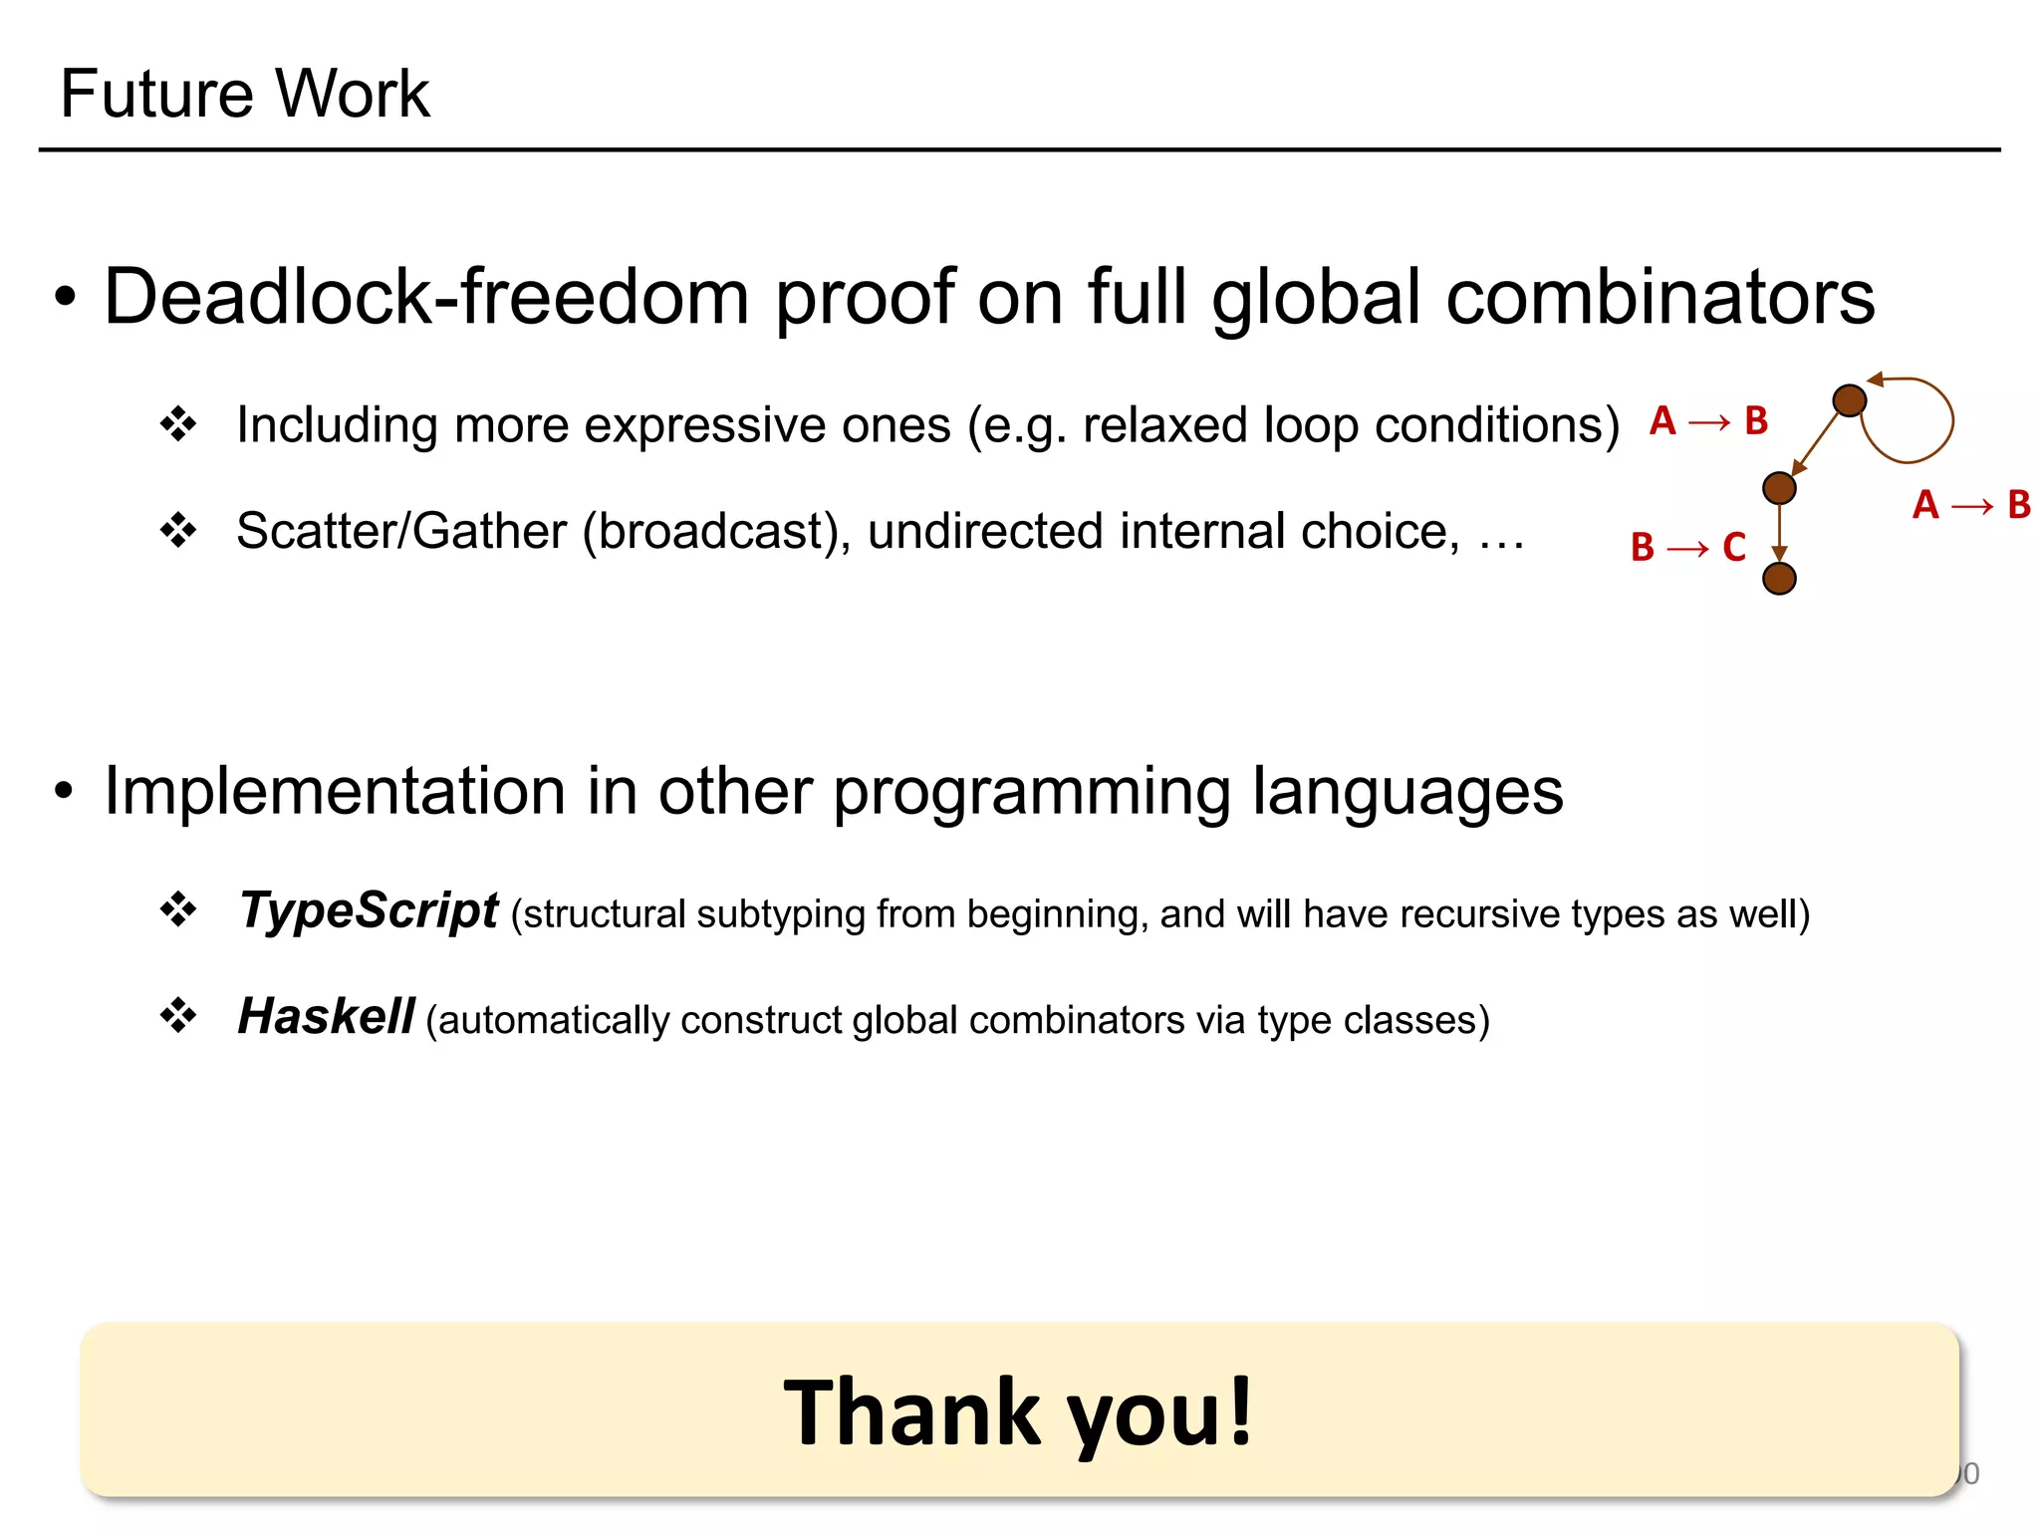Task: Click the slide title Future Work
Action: [244, 94]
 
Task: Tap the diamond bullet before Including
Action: [178, 424]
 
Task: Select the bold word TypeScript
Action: [368, 910]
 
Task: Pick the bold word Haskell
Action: [326, 1017]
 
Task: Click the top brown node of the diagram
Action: [1849, 400]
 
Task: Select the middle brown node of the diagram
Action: [1779, 488]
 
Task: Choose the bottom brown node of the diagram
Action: [1779, 578]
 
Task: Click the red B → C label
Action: [1687, 547]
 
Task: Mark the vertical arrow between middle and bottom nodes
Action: [1779, 533]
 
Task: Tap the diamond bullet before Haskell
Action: [178, 1017]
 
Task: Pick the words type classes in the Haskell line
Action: [1366, 1021]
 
